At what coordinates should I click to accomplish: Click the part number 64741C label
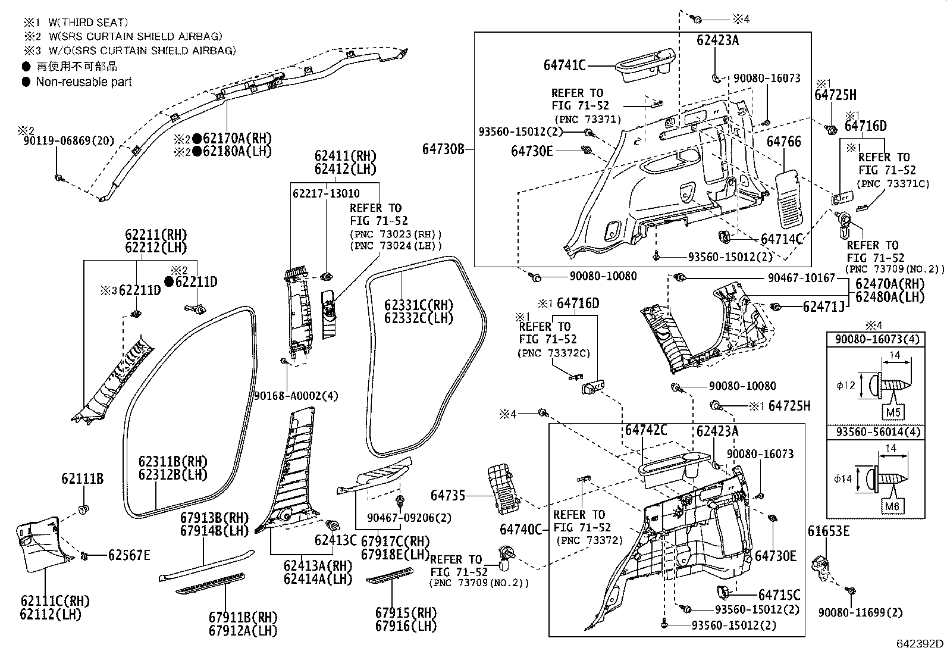(565, 65)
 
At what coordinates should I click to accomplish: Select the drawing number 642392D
(920, 643)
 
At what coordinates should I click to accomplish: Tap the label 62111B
(83, 478)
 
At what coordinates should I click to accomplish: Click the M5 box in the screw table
(893, 411)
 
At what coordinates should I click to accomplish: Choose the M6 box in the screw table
(893, 506)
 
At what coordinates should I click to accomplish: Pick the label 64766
(783, 142)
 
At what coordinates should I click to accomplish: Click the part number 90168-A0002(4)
(296, 396)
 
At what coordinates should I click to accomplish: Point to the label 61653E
(829, 531)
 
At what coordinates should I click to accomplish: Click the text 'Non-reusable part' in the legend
(84, 82)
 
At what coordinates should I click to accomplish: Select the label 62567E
(129, 555)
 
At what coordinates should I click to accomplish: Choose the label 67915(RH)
(406, 613)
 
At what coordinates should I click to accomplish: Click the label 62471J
(824, 306)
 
